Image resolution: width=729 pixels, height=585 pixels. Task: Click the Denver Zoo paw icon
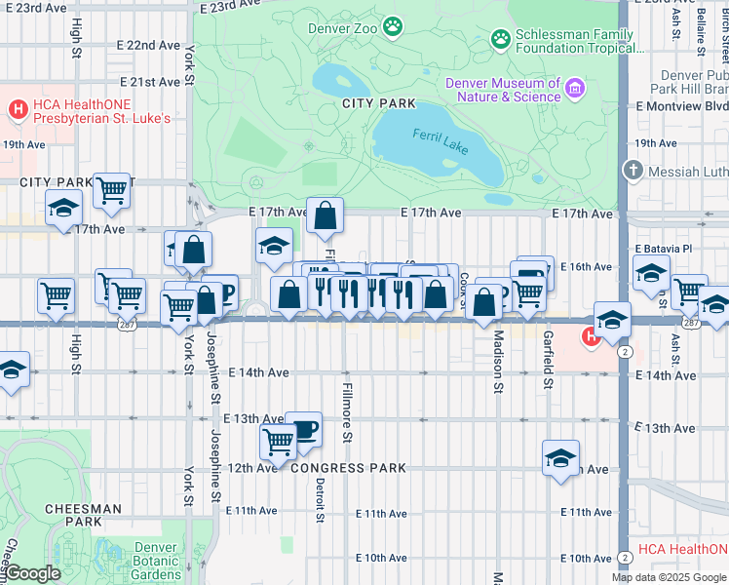coord(393,26)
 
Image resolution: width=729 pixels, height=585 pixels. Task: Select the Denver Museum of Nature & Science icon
coord(575,90)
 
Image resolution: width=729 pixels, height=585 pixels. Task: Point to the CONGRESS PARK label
coord(348,468)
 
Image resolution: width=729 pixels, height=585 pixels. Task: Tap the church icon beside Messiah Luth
coord(633,172)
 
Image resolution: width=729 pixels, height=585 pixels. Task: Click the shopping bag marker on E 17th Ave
coord(325,214)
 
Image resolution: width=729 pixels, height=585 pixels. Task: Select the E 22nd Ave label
coord(153,45)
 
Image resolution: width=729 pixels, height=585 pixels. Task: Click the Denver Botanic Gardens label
coord(156,561)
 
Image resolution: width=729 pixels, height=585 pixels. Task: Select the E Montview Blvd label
coord(681,105)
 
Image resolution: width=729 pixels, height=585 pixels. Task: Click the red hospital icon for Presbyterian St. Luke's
coord(18,106)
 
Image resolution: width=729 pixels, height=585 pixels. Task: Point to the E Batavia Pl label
coord(668,248)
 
